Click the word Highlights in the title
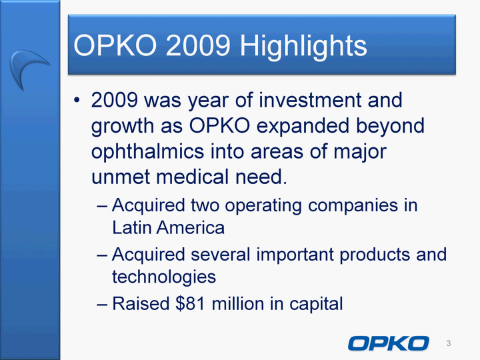tap(303, 46)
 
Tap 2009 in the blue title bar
tap(198, 45)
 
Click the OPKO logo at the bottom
tap(389, 343)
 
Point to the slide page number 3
tap(449, 343)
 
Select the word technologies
tap(164, 277)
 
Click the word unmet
tap(120, 177)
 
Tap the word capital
tap(316, 304)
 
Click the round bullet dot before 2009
tap(77, 100)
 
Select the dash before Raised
tap(101, 304)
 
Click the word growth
tap(123, 127)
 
